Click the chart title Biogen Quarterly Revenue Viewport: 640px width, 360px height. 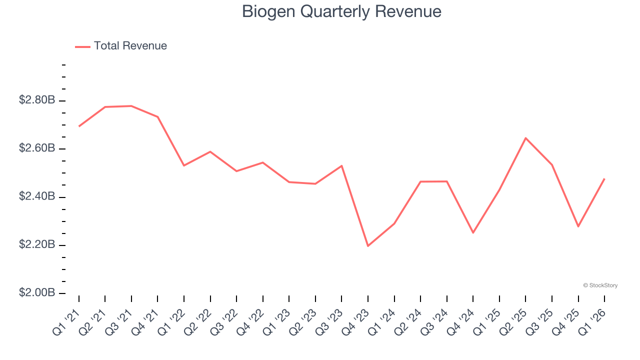point(341,11)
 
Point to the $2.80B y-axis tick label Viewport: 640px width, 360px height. point(37,100)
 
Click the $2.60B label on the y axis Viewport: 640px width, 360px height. point(37,148)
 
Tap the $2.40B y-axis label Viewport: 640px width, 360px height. point(37,196)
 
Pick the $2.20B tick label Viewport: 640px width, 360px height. point(37,244)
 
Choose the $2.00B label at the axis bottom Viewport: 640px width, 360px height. point(37,292)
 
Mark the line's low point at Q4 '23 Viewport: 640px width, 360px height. point(368,246)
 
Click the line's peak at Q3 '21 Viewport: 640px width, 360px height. point(131,106)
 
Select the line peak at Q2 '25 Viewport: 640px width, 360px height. point(525,138)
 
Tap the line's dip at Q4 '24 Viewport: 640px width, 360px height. point(473,232)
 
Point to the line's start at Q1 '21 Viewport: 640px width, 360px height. point(79,126)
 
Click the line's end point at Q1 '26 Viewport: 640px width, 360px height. point(604,178)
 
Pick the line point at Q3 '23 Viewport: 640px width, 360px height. point(341,165)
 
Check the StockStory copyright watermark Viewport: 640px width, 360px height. point(600,285)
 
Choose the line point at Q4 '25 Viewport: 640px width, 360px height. point(578,226)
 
